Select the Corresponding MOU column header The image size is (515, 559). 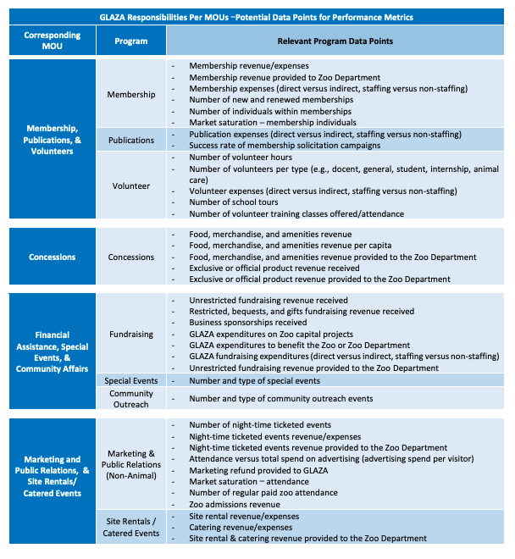[53, 41]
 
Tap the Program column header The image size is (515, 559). [130, 41]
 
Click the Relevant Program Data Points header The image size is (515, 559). [335, 41]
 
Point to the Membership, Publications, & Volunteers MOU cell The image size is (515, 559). [53, 140]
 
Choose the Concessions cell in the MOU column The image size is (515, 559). [53, 257]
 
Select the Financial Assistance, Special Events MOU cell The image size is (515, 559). [53, 351]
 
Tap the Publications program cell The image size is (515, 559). [130, 140]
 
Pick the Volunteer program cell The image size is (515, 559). [130, 185]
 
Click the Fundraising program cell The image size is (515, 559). [130, 334]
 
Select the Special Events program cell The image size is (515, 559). [130, 380]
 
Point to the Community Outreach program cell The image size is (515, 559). [130, 398]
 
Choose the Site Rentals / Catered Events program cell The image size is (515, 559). [130, 527]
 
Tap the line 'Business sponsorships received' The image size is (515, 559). [248, 323]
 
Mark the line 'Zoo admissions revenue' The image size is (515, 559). [235, 504]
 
